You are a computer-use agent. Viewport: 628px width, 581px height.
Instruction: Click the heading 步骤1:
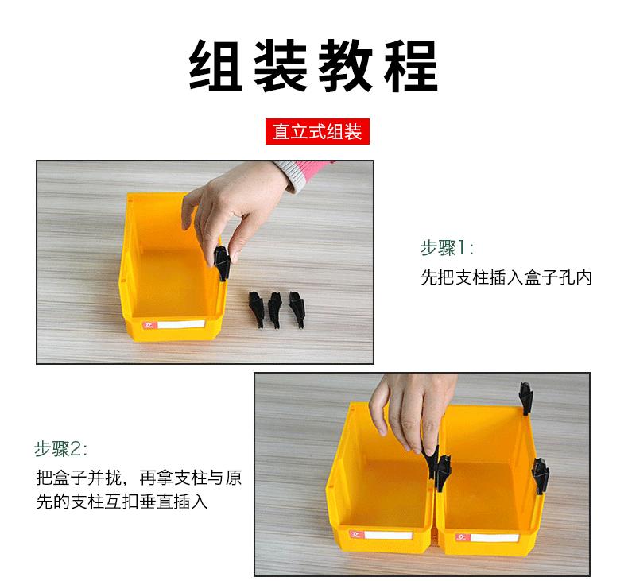447,248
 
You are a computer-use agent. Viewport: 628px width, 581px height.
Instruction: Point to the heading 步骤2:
61,448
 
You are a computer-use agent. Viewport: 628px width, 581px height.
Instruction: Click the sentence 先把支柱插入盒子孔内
506,279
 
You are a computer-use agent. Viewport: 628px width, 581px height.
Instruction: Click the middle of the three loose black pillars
275,308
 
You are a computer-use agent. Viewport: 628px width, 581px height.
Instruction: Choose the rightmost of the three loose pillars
297,307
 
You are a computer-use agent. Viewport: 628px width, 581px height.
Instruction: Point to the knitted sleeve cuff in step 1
299,170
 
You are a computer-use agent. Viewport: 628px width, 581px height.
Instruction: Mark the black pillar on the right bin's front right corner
542,476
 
